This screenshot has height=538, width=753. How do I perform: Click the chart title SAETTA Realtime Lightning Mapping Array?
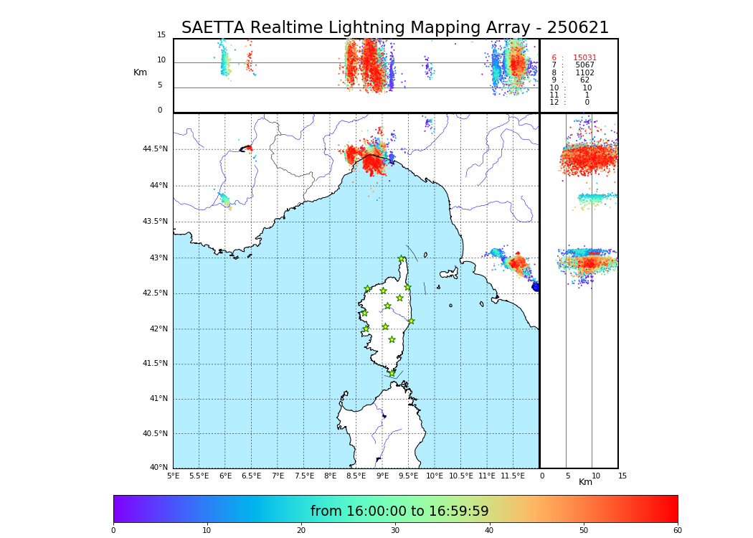pyautogui.click(x=394, y=28)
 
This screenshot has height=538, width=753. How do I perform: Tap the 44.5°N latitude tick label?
pyautogui.click(x=155, y=149)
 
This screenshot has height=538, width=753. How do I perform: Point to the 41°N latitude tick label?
pyautogui.click(x=157, y=399)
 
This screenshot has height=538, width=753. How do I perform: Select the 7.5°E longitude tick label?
pyautogui.click(x=303, y=476)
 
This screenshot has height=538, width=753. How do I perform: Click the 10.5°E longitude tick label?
pyautogui.click(x=460, y=476)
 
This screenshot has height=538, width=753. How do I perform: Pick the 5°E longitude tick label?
pyautogui.click(x=173, y=476)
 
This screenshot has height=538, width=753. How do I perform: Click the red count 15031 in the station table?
pyautogui.click(x=584, y=57)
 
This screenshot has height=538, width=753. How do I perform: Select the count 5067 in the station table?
pyautogui.click(x=584, y=65)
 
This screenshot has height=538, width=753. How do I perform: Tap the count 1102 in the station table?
pyautogui.click(x=584, y=72)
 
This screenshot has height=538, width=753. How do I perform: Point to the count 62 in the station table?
pyautogui.click(x=584, y=80)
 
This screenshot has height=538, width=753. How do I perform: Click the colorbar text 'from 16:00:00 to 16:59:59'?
pyautogui.click(x=399, y=511)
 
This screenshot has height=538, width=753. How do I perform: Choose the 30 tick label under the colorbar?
pyautogui.click(x=395, y=531)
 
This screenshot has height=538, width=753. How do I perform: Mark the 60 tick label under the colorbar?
pyautogui.click(x=677, y=531)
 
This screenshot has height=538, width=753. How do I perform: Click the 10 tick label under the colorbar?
pyautogui.click(x=207, y=531)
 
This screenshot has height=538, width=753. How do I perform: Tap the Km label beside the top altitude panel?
pyautogui.click(x=140, y=72)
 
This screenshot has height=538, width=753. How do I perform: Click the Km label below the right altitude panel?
pyautogui.click(x=585, y=482)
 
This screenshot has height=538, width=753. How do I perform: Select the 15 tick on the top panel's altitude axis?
pyautogui.click(x=161, y=35)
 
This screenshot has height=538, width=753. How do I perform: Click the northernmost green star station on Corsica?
pyautogui.click(x=402, y=259)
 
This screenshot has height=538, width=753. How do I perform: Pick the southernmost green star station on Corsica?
pyautogui.click(x=392, y=373)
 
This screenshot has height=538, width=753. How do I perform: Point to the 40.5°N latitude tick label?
pyautogui.click(x=155, y=433)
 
